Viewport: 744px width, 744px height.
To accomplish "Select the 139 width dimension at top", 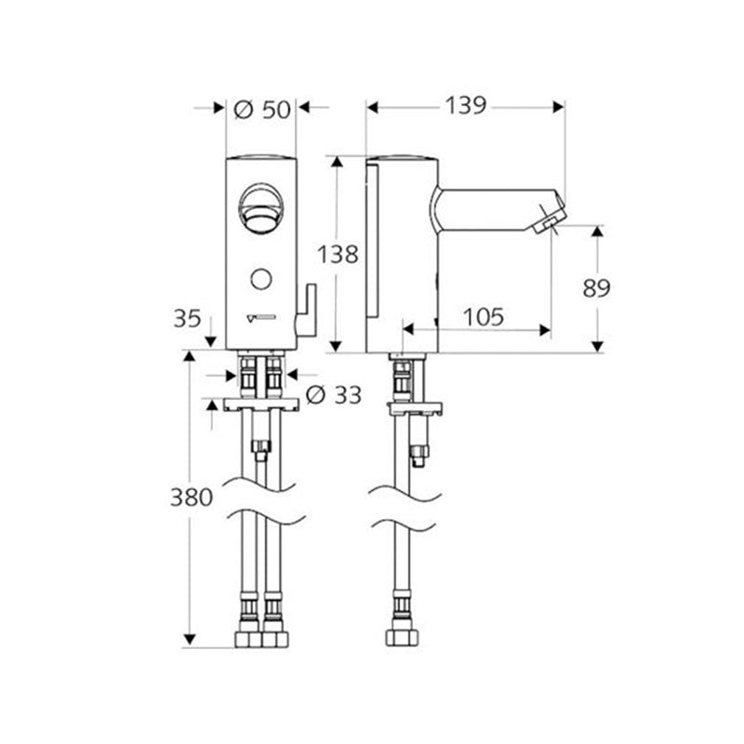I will click(465, 106).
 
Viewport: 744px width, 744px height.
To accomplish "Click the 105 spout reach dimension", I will click(485, 317).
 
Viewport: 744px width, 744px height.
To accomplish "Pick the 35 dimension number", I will click(186, 318).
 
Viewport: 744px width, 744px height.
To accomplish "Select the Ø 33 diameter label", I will click(333, 395).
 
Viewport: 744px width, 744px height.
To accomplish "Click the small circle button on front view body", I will click(260, 277).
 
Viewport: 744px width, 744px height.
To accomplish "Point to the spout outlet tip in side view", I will click(548, 222).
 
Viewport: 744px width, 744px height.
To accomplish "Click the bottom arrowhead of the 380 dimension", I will click(191, 640).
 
